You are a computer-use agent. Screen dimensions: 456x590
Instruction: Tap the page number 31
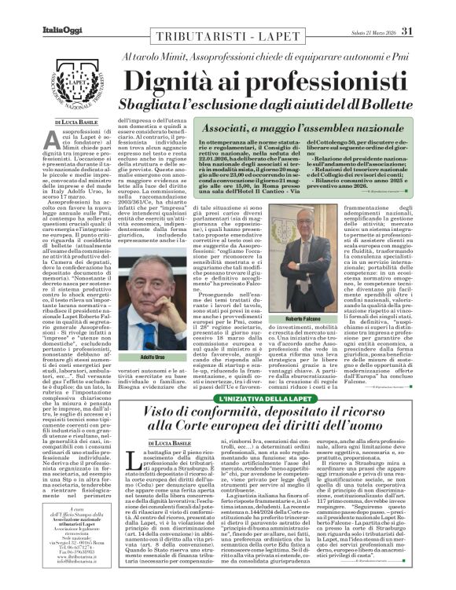click(x=428, y=9)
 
